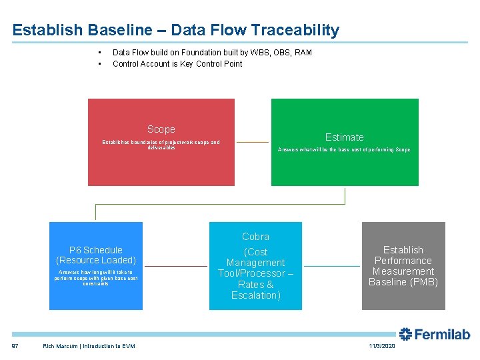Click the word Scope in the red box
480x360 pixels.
(x=161, y=129)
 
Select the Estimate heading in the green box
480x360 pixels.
(x=344, y=137)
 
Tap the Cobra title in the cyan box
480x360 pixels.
(x=255, y=237)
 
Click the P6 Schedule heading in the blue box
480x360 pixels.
(x=96, y=250)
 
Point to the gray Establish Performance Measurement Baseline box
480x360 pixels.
(x=403, y=266)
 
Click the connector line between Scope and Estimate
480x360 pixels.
(x=253, y=142)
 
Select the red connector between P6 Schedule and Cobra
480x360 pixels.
(x=175, y=266)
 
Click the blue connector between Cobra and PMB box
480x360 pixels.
(x=331, y=266)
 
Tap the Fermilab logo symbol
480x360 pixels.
(x=405, y=334)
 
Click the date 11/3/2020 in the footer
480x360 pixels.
(x=382, y=346)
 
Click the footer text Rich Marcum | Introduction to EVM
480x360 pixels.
(x=89, y=346)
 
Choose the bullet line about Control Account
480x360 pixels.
(x=177, y=64)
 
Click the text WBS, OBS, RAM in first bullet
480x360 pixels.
(x=279, y=53)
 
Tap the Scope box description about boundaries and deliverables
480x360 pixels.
(x=161, y=145)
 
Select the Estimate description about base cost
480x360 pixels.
(x=344, y=150)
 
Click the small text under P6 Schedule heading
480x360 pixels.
(x=96, y=278)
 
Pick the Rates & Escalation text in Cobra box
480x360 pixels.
(x=255, y=290)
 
